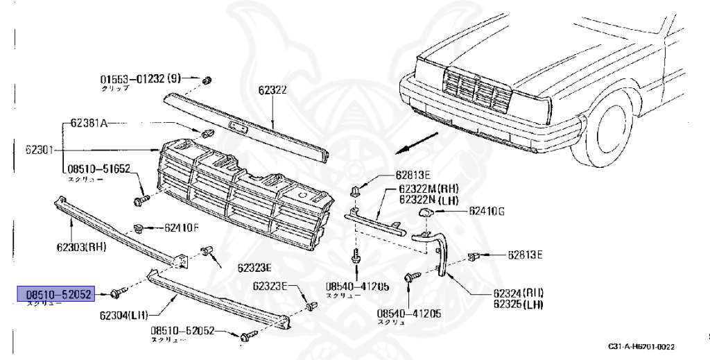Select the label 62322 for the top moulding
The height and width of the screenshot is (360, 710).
click(x=272, y=89)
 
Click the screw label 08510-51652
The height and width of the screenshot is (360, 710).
click(x=98, y=169)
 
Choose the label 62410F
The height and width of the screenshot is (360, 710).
click(x=182, y=227)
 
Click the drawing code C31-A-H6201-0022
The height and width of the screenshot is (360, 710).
click(x=641, y=346)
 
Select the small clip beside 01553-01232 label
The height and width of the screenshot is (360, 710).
click(x=206, y=82)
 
